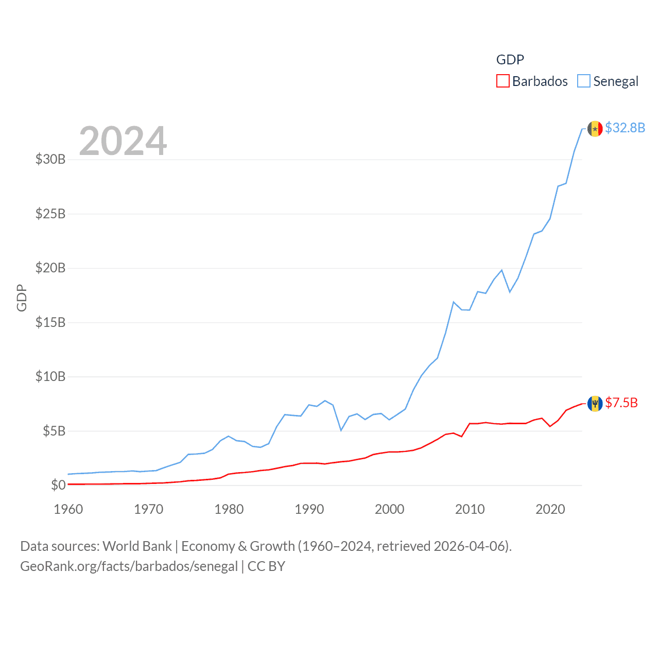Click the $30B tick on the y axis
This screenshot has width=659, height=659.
click(50, 159)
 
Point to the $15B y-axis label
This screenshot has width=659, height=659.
click(50, 322)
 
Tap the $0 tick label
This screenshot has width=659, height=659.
click(58, 485)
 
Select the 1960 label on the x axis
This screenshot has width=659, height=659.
click(68, 509)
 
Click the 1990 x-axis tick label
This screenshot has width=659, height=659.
click(309, 509)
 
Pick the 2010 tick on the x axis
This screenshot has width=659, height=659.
click(470, 509)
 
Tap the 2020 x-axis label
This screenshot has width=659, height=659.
click(550, 509)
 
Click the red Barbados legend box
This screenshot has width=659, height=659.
click(502, 81)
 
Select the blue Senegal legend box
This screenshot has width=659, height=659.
click(583, 81)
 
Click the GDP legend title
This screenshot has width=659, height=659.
click(510, 60)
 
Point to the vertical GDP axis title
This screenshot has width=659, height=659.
click(22, 298)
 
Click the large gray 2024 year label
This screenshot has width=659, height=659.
click(123, 141)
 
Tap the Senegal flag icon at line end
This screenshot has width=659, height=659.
click(595, 129)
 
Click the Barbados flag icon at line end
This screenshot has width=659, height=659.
click(595, 404)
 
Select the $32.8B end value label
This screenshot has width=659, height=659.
click(625, 128)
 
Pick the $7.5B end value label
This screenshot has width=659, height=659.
click(621, 403)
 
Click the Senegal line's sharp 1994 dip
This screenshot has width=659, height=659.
click(341, 430)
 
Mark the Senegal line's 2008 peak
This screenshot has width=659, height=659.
click(454, 302)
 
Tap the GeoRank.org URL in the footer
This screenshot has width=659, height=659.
click(129, 566)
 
